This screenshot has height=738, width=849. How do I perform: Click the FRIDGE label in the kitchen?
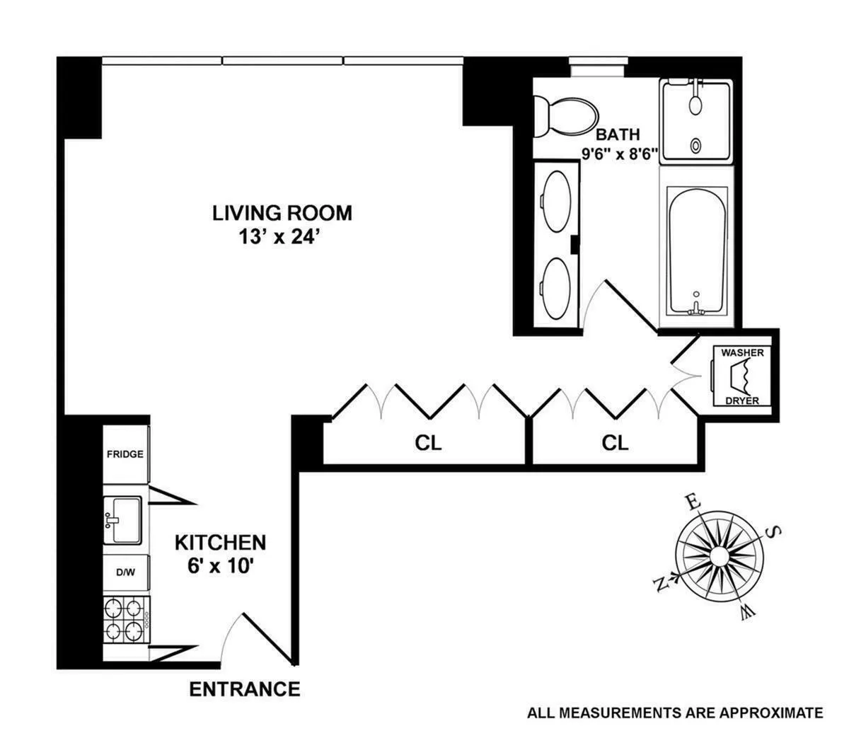coord(125,454)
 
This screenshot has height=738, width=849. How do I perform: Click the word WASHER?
coord(741,352)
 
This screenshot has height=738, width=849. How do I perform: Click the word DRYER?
coord(741,400)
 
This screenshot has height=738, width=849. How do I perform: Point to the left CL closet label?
coord(427,443)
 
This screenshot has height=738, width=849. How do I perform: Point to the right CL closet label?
coord(615,443)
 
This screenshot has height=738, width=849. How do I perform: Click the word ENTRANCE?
coord(245,688)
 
